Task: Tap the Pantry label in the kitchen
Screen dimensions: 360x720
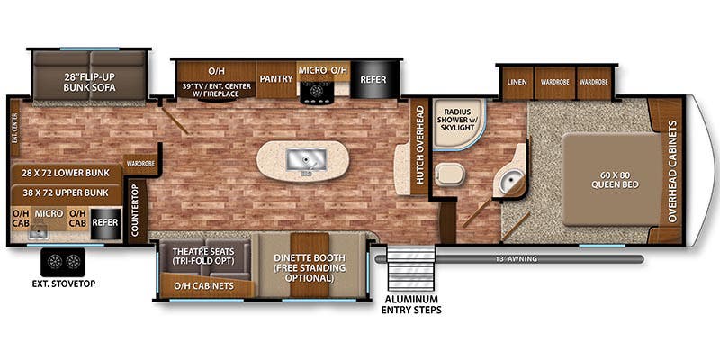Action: pos(277,79)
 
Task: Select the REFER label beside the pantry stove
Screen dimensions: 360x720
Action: pos(373,79)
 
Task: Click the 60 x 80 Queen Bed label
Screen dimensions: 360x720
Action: pos(613,180)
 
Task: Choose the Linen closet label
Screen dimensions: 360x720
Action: pos(517,82)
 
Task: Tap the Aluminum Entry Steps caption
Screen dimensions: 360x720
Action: pos(410,304)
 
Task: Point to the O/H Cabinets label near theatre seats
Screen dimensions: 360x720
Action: pos(202,286)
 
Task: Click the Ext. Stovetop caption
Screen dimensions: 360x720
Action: pos(65,285)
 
